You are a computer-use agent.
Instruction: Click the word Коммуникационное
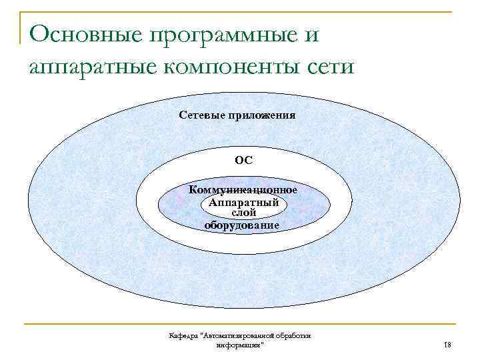point(243,190)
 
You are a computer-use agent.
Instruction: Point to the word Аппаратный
point(243,202)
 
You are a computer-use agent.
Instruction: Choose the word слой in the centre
point(243,213)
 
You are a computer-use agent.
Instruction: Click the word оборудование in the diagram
point(242,225)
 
